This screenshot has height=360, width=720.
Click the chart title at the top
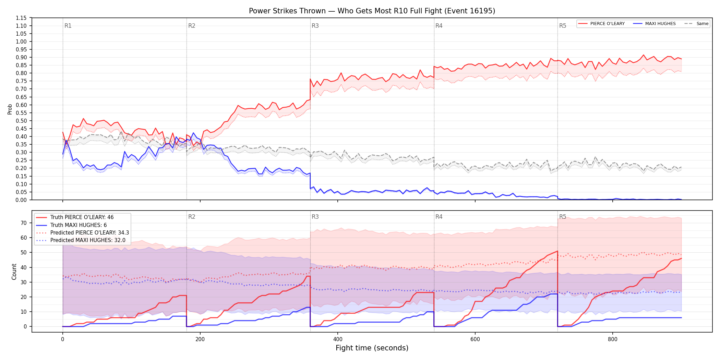point(372,11)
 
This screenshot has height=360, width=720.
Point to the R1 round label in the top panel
point(68,26)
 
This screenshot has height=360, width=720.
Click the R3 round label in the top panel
point(315,26)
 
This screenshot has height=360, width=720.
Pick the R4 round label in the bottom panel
point(439,217)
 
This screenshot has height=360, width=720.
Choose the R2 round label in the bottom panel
point(192,217)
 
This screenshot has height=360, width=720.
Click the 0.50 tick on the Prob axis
point(21,121)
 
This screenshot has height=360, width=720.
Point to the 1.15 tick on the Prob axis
point(21,18)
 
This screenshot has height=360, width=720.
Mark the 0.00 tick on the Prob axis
point(21,200)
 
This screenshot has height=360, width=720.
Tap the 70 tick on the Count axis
point(24,223)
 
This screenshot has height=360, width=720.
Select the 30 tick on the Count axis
point(24,282)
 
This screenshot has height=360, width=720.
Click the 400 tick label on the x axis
point(338,339)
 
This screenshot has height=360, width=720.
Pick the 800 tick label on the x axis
point(613,339)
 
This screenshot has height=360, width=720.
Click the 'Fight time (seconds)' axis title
point(372,348)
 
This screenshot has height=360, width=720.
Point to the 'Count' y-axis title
point(14,272)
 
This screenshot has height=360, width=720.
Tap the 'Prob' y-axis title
point(10,109)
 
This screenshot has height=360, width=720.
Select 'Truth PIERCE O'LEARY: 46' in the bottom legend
point(82,217)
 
